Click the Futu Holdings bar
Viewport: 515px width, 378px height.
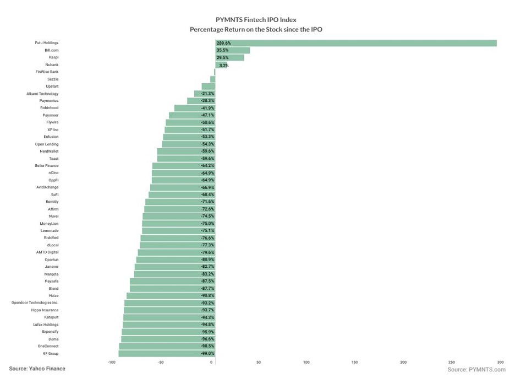355,43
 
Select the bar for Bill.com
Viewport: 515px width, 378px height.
232,50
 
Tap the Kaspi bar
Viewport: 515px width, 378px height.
229,57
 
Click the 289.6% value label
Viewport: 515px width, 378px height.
223,43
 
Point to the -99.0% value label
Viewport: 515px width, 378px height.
207,353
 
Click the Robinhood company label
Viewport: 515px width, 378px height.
49,108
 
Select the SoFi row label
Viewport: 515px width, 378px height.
54,195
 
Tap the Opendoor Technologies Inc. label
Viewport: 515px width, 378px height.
35,303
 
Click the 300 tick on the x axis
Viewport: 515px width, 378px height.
500,362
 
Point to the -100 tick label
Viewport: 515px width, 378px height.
112,362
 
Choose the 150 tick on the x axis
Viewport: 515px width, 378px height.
354,362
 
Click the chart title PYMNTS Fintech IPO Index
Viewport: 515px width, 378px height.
256,20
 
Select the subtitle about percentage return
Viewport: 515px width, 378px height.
256,29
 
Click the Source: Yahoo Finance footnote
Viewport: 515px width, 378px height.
37,369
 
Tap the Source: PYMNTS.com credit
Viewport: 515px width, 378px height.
476,369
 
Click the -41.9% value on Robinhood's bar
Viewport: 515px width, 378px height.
207,108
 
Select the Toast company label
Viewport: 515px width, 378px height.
53,159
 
